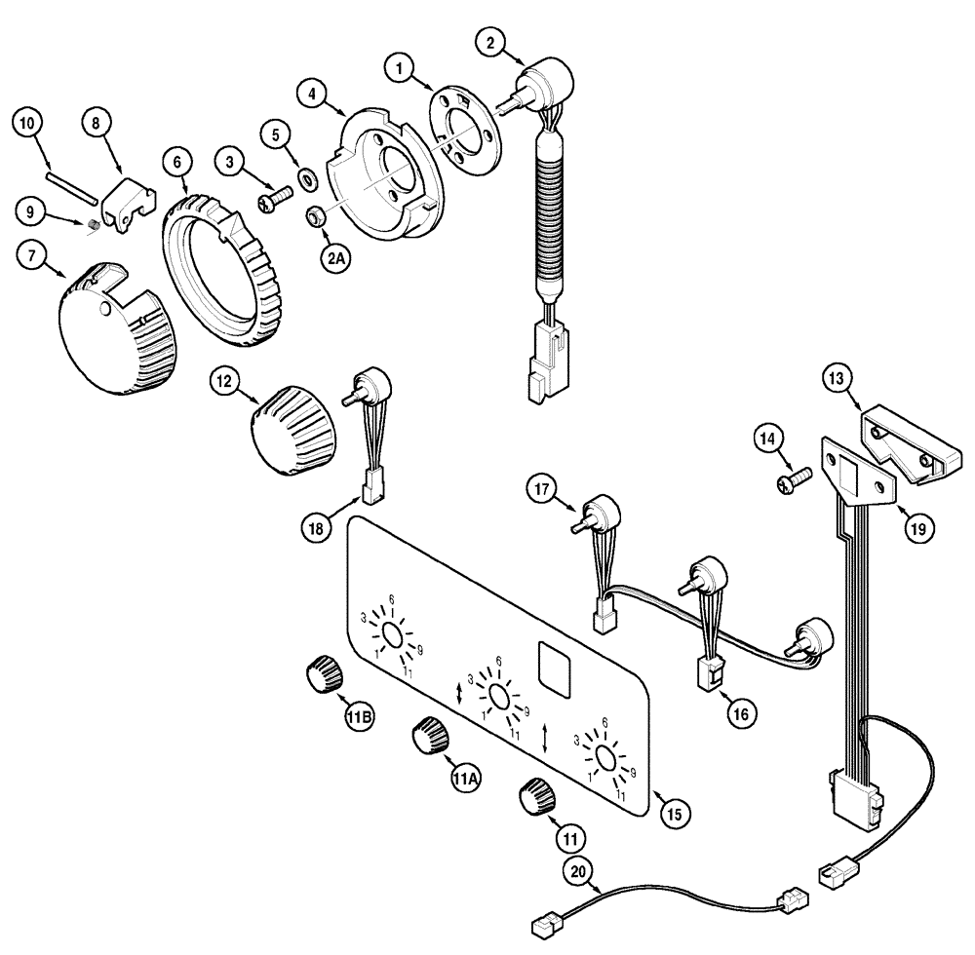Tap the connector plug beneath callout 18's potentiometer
tap(371, 486)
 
